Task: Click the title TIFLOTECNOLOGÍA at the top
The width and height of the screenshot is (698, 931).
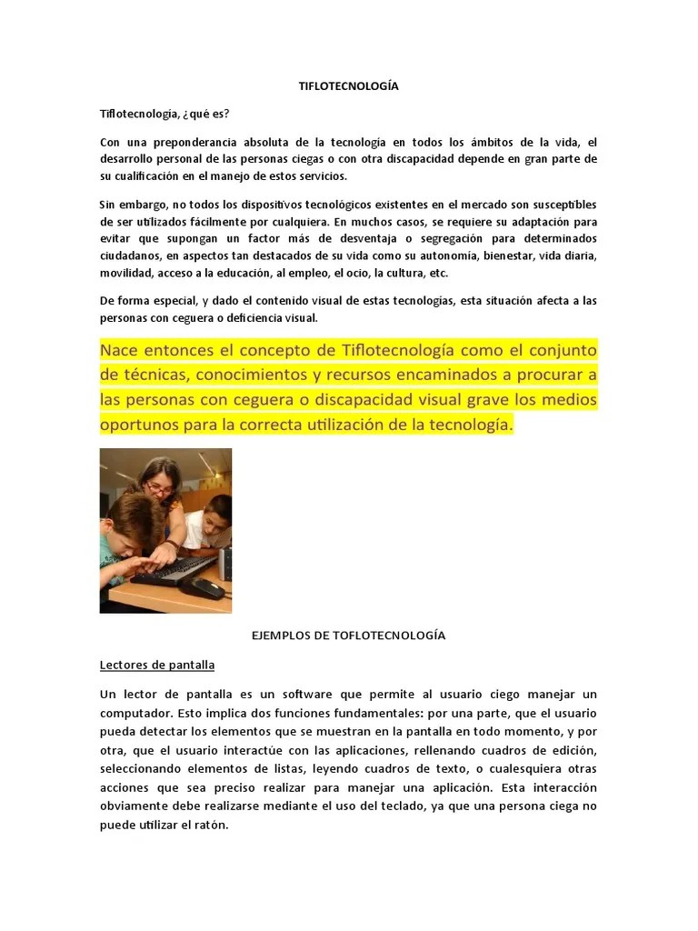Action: (349, 86)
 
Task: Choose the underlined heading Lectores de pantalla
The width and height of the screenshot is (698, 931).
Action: (156, 665)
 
